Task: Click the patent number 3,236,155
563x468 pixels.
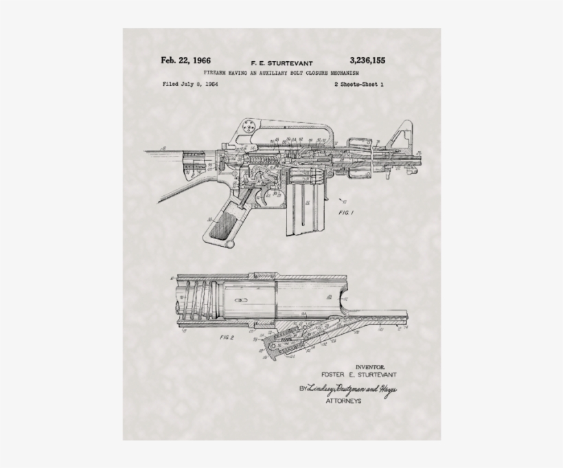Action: pyautogui.click(x=367, y=60)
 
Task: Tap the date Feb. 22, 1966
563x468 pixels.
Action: pyautogui.click(x=185, y=60)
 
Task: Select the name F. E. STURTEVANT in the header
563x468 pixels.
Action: pyautogui.click(x=281, y=63)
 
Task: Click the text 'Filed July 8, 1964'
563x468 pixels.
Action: pyautogui.click(x=190, y=84)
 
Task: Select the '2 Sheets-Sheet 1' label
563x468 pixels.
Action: pyautogui.click(x=358, y=84)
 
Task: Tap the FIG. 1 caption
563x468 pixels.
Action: pyautogui.click(x=345, y=213)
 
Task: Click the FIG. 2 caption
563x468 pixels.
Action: pyautogui.click(x=227, y=339)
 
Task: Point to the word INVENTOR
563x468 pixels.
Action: pyautogui.click(x=369, y=368)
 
